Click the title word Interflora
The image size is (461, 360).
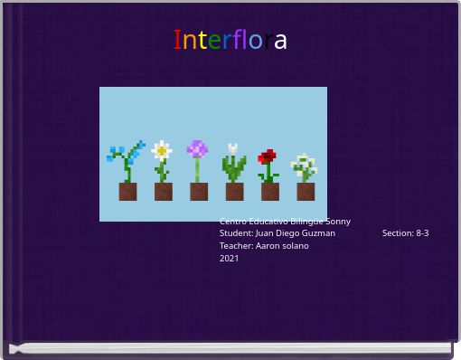click(230, 41)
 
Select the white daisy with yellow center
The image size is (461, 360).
click(162, 151)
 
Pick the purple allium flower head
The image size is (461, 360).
click(197, 149)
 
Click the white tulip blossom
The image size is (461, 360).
click(233, 150)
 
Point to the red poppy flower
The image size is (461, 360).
click(268, 157)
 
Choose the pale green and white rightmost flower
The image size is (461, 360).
click(306, 166)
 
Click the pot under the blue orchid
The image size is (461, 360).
click(127, 191)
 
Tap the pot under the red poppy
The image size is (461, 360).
click(270, 191)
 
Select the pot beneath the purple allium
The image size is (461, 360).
click(199, 191)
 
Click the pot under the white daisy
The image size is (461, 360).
click(163, 191)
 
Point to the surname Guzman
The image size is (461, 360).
click(317, 233)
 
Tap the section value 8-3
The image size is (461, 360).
click(422, 233)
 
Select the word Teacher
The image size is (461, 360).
click(236, 246)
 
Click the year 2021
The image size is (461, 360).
click(230, 259)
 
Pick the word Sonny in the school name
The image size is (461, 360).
click(338, 222)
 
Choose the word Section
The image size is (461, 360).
click(397, 233)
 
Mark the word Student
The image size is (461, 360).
click(236, 233)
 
